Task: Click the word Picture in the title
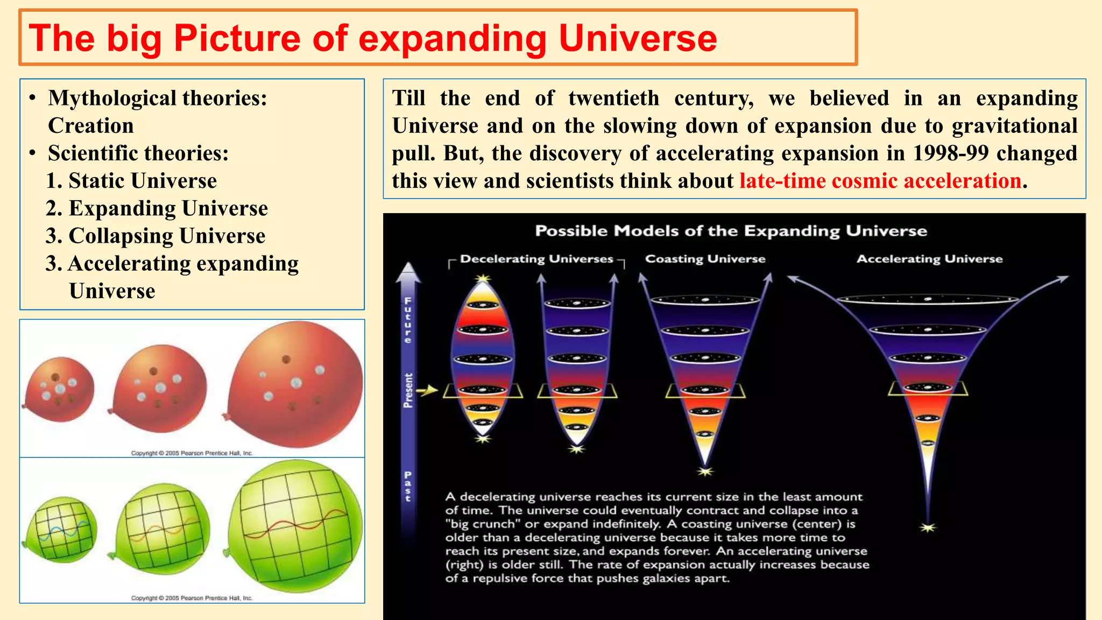coord(236,39)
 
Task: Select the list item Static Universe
coord(143,181)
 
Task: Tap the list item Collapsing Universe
coord(167,236)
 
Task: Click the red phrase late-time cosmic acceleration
coord(880,181)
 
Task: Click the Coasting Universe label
coord(705,259)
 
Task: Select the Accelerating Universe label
coord(929,259)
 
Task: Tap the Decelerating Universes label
coord(536,259)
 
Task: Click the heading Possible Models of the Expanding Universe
coord(731,231)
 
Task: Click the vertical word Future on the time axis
coord(408,320)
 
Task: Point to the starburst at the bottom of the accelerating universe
coord(928,527)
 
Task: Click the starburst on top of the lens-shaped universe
coord(483,278)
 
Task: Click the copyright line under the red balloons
coord(192,453)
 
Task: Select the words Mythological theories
coord(157,98)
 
